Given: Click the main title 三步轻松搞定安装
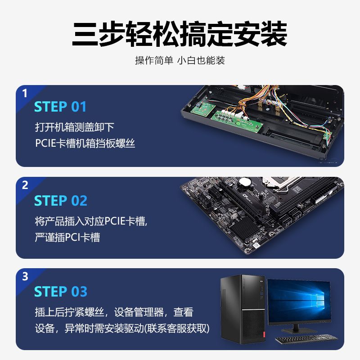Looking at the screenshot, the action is (180, 34).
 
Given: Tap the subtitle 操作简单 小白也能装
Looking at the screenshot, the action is (180, 60).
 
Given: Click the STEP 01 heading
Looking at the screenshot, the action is (60, 107).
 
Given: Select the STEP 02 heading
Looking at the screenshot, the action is (61, 201).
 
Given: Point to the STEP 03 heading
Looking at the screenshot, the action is (61, 292).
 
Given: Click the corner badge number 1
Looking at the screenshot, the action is (25, 94).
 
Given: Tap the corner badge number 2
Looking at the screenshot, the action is (25, 185).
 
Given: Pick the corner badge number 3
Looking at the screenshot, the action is (25, 276).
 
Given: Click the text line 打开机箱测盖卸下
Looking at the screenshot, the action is (75, 127).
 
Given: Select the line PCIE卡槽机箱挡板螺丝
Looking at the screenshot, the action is (85, 143).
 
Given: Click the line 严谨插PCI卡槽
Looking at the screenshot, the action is (67, 238).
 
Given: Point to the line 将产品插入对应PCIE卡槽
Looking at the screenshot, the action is (90, 221).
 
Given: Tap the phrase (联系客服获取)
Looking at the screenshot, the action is (177, 328).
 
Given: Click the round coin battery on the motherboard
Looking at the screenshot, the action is (245, 182).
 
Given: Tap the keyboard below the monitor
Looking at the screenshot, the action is (306, 338).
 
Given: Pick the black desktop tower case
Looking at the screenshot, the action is (243, 309).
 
